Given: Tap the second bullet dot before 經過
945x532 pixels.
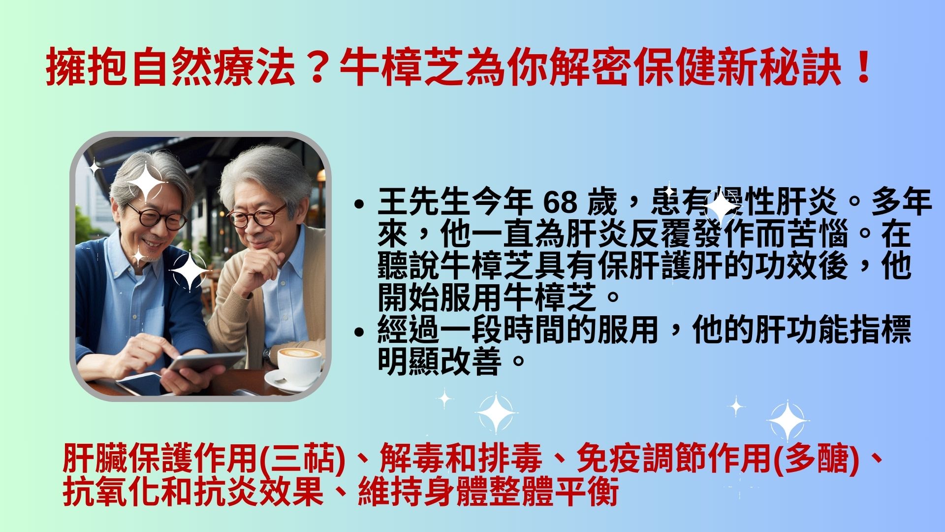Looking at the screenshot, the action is point(360,331).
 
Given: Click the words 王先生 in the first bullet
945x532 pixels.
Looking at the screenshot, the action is point(424,202).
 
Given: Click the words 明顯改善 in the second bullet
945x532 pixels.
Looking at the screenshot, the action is point(440,362).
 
